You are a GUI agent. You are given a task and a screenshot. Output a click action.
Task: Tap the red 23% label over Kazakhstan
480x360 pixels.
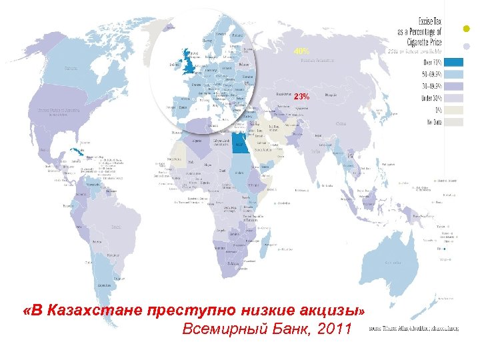click(x=301, y=97)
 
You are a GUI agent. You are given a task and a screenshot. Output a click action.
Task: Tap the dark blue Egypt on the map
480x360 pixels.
click(x=241, y=142)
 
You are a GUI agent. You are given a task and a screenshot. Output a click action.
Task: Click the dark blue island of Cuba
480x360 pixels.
click(x=76, y=151)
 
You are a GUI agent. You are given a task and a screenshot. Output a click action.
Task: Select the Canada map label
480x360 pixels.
click(x=70, y=68)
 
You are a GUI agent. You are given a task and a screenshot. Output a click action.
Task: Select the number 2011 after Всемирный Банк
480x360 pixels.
click(x=331, y=329)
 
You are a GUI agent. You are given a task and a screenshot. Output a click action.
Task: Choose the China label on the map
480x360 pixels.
click(x=341, y=123)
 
